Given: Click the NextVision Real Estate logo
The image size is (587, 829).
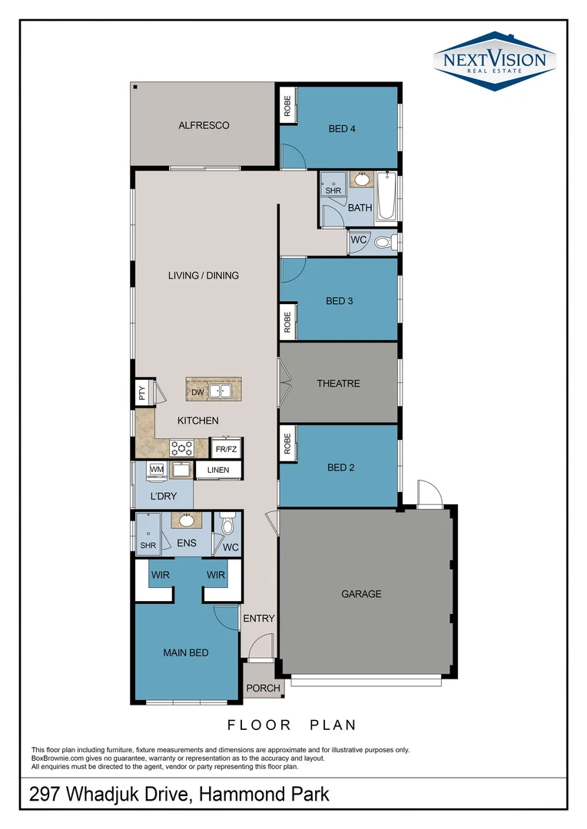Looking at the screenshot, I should click(494, 61).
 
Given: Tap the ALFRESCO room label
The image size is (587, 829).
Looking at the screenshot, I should click(204, 125).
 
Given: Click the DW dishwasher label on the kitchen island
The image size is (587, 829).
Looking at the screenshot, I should click(197, 392).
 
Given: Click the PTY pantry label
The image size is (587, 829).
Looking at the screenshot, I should click(142, 393).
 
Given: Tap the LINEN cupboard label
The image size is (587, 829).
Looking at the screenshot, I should click(218, 470).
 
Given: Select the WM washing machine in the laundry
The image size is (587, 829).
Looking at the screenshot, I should click(157, 469).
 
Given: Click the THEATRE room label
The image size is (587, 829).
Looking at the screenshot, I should click(338, 383).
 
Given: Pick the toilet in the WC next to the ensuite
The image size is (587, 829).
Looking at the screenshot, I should click(227, 525).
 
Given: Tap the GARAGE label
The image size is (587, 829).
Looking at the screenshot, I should click(361, 593).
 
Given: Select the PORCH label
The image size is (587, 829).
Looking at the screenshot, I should click(264, 688).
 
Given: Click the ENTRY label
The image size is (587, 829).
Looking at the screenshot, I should click(259, 618).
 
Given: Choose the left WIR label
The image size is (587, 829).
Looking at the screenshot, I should click(161, 574).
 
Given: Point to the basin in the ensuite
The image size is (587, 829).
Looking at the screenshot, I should click(186, 520).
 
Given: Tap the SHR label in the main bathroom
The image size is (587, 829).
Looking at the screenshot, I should click(333, 190).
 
